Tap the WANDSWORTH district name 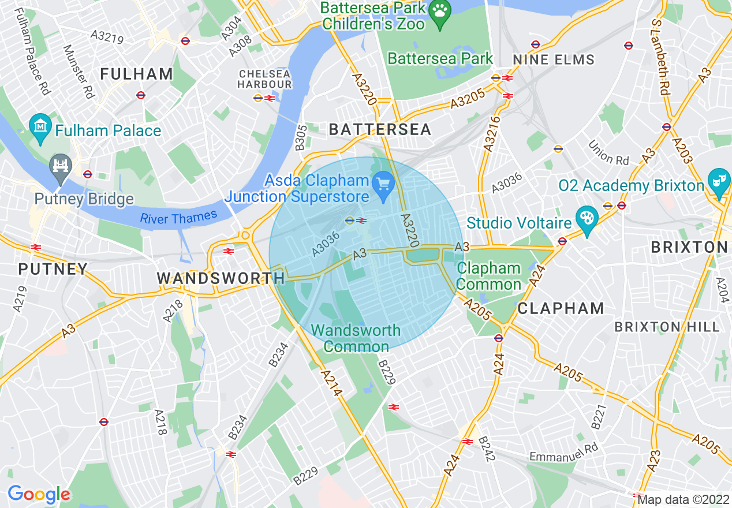(221, 278)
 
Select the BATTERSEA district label (380, 129)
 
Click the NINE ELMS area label (554, 59)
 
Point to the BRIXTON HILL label (667, 327)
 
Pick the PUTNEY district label (53, 269)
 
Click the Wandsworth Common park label (356, 338)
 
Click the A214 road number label (332, 383)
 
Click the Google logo (39, 494)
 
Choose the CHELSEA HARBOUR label (266, 79)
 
